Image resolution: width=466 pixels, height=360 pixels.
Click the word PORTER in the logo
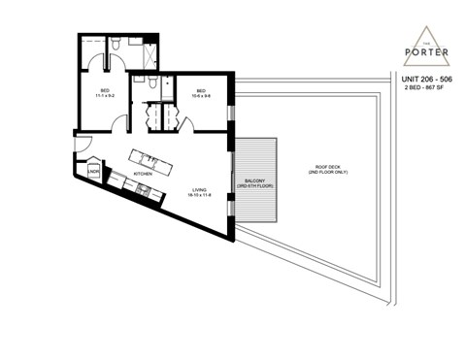coord(423,51)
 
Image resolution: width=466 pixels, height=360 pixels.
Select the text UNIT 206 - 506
coord(423,78)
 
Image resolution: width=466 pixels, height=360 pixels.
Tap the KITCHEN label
coord(143,175)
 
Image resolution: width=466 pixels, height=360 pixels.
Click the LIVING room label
coord(199,191)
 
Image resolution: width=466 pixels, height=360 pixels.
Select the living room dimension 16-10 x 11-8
coord(199,197)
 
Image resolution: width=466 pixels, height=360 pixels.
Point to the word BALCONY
coord(255,180)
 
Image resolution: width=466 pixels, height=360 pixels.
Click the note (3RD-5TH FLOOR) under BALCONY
coord(255,185)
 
